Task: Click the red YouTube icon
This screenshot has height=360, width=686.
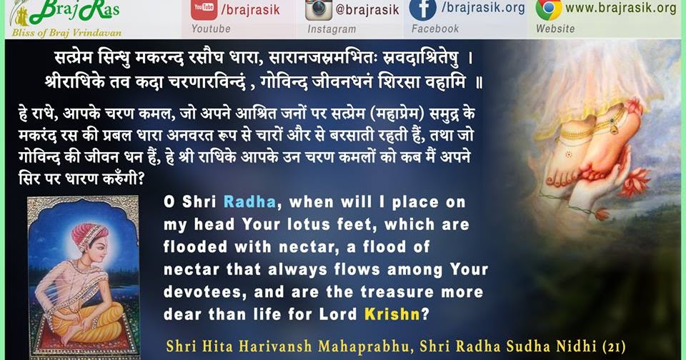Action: tap(204, 9)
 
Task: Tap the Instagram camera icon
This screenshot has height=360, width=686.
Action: tap(319, 9)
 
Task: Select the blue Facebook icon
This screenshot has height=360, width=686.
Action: tap(422, 9)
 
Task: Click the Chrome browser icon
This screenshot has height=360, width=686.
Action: tap(548, 9)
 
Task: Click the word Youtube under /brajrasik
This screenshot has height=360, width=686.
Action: tap(211, 29)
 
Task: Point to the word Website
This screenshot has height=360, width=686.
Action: tap(555, 29)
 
